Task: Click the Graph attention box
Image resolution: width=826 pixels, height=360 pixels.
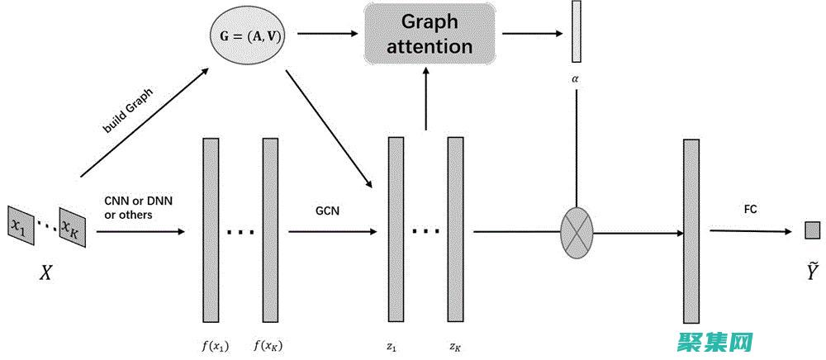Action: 430,35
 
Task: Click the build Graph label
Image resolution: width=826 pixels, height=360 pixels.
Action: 128,112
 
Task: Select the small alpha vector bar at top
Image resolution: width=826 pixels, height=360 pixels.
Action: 577,32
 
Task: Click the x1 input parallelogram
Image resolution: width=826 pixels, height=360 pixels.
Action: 20,224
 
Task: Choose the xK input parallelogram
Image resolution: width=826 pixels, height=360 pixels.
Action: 73,225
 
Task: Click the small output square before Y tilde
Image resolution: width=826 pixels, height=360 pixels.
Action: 812,230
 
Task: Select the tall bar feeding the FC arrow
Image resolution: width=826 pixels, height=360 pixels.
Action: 691,230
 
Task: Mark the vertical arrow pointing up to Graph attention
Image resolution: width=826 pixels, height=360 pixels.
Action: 426,99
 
